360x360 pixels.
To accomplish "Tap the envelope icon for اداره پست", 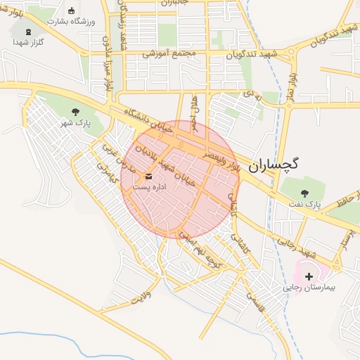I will click(148, 176).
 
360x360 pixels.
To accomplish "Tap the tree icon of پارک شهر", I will click(75, 112).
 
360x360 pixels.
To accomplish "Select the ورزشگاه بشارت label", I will click(70, 21).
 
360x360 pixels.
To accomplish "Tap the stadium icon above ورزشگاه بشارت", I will click(72, 10).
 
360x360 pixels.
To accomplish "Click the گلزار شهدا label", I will click(28, 42).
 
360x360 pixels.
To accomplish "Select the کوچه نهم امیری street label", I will click(201, 252).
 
